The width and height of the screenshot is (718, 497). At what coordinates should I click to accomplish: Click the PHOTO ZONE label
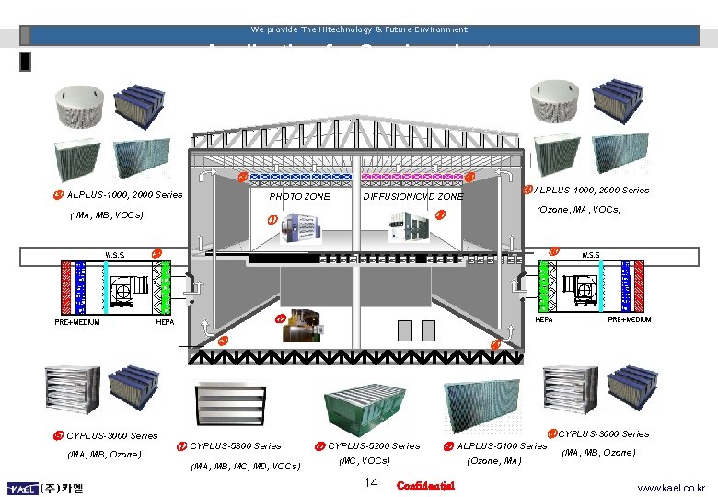click(x=299, y=197)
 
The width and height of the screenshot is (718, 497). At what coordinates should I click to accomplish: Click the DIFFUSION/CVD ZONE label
click(x=413, y=197)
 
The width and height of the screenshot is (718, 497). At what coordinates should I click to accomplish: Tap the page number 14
click(x=372, y=483)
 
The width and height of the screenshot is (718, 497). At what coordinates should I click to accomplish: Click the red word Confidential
click(x=425, y=485)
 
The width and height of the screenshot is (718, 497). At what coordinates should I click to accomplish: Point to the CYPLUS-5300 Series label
click(x=236, y=446)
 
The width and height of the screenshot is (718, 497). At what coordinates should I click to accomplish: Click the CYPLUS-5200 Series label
click(x=374, y=446)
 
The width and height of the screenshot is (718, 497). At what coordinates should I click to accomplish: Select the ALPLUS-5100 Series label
click(x=502, y=446)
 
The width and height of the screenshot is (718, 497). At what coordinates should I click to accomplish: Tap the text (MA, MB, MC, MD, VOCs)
click(x=245, y=467)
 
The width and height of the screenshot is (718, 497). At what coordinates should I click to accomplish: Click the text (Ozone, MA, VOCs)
click(x=578, y=210)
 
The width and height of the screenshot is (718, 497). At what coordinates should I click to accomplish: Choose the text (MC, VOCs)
click(x=365, y=460)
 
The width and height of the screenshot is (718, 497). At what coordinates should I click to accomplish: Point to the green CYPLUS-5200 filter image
click(x=366, y=406)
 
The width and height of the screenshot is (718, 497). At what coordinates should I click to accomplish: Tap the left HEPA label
click(x=166, y=322)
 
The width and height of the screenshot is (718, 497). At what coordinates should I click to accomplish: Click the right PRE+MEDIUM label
click(x=630, y=319)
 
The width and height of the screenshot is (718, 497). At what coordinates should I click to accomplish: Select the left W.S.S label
click(x=115, y=255)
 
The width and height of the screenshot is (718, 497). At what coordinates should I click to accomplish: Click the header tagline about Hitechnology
click(x=360, y=29)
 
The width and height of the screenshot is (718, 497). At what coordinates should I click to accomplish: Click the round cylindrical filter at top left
click(x=79, y=105)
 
